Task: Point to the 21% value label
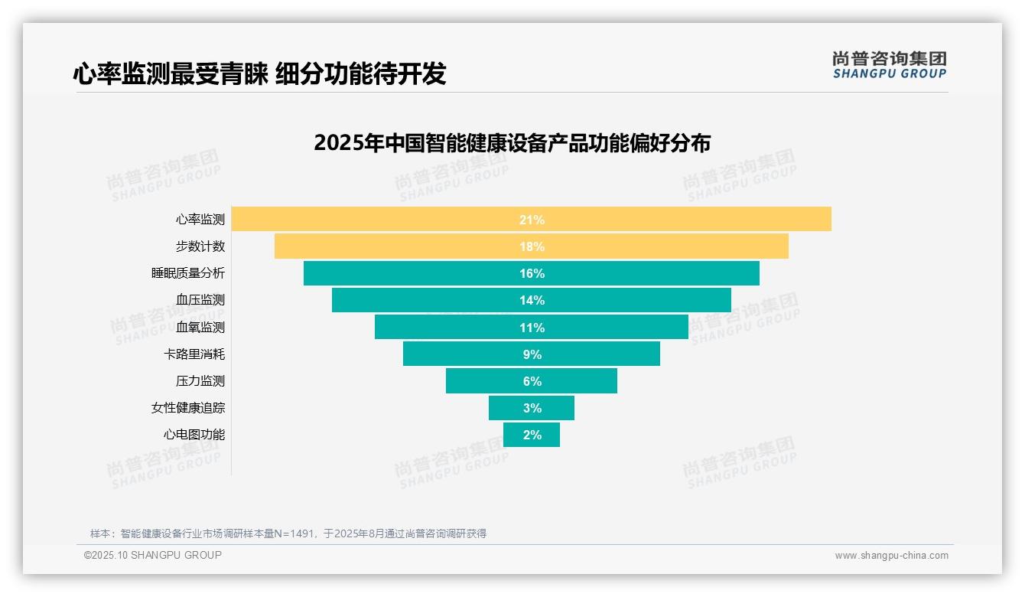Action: point(532,220)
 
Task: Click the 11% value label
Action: point(532,328)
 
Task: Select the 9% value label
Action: point(532,354)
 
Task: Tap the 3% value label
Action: point(532,408)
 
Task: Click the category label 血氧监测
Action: point(200,328)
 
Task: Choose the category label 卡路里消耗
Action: point(194,354)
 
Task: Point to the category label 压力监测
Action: point(200,381)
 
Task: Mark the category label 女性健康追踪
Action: point(188,408)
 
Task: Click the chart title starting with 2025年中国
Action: point(512,143)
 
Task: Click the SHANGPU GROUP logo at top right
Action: point(889,65)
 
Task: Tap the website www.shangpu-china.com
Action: point(891,556)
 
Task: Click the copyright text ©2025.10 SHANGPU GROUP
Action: point(153,555)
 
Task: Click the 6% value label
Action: point(532,381)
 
